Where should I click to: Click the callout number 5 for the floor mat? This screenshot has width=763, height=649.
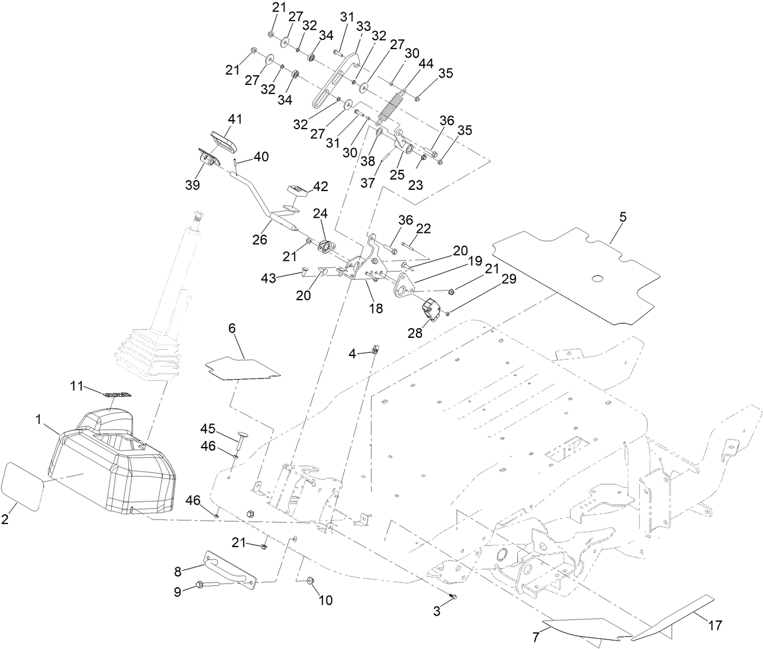click(623, 217)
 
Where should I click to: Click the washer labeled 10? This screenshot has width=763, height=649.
click(311, 580)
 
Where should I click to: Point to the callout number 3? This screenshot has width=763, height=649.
click(437, 611)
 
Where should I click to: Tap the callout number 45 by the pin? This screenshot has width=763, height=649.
click(208, 428)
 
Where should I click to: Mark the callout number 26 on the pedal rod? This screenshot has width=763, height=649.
click(260, 239)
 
